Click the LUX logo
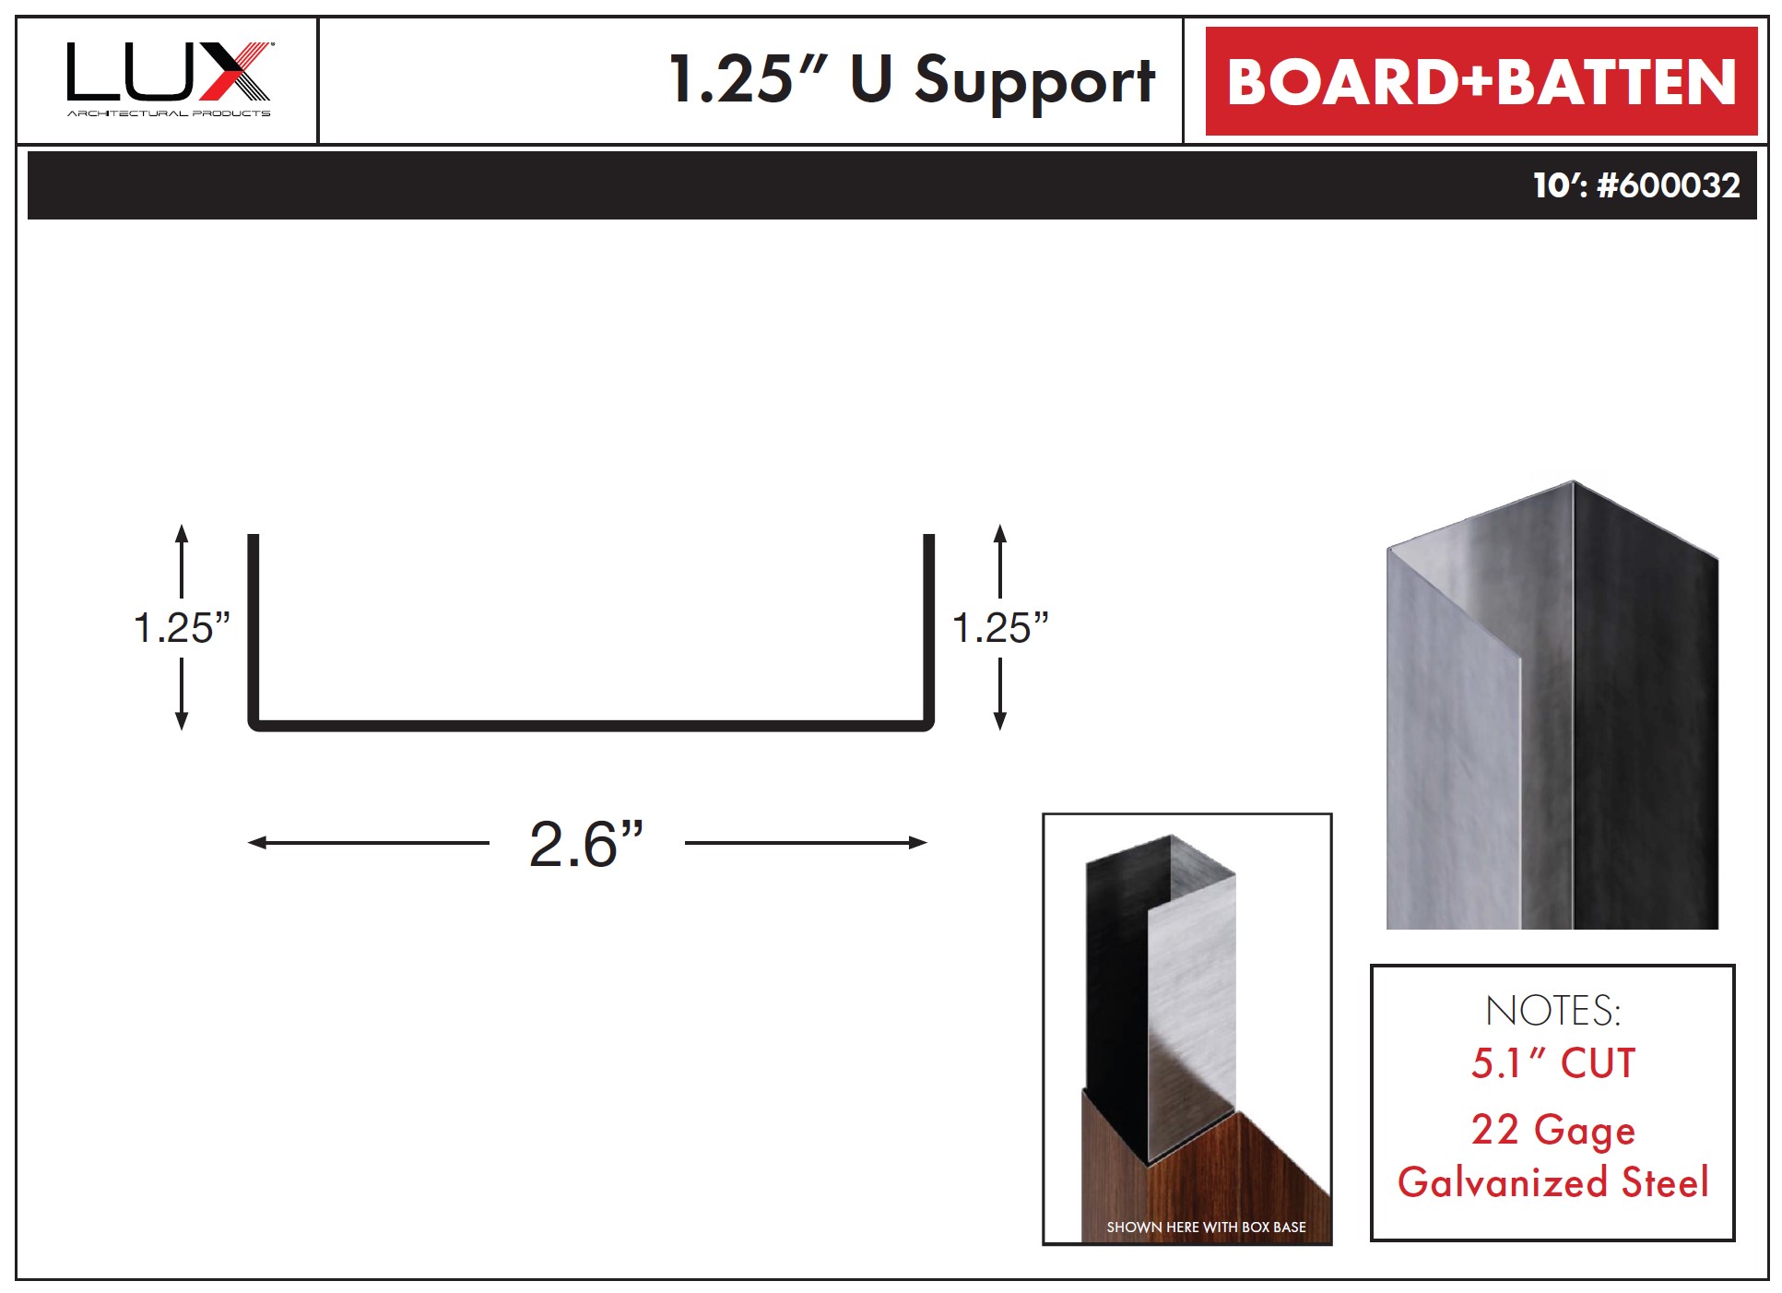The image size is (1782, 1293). coord(170,78)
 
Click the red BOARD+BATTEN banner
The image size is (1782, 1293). coord(1481,81)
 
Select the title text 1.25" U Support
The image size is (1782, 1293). coord(912,80)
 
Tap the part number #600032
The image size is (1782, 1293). coord(1669,185)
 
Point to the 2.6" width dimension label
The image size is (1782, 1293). coord(586,844)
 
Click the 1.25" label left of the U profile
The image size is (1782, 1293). coord(182,627)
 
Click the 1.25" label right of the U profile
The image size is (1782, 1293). coord(1000,627)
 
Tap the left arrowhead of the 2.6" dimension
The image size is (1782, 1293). coord(257,842)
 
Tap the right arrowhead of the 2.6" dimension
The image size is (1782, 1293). coord(917,842)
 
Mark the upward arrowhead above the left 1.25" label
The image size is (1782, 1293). coord(182,533)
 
